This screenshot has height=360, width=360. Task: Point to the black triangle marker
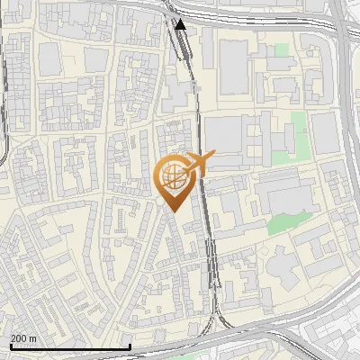[x=181, y=24]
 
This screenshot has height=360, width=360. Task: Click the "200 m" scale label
[x=23, y=338]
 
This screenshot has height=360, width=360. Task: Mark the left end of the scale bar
[x=10, y=346]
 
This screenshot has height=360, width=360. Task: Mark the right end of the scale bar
[x=130, y=346]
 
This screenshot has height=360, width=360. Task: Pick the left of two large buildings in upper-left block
[x=49, y=59]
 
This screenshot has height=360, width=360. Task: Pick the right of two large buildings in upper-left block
[x=94, y=59]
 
